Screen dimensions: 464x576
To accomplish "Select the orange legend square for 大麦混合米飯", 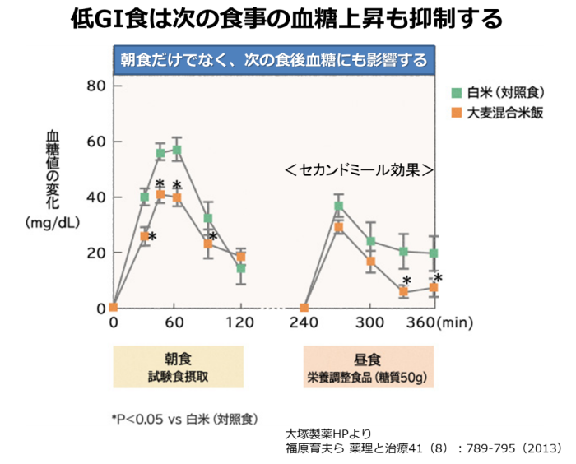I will tap(455, 113).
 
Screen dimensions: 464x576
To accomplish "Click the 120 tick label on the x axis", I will tap(240, 322).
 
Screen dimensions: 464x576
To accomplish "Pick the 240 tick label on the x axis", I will tap(304, 322).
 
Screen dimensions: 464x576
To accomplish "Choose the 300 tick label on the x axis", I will tap(370, 322).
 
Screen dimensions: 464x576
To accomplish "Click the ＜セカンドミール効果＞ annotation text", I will tap(359, 169).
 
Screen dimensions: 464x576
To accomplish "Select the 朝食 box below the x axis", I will tap(179, 366).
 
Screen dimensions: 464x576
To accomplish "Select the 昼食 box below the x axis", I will tap(368, 366).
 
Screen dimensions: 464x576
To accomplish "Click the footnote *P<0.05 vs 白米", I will tap(185, 419).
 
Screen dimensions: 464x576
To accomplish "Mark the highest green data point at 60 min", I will tap(177, 151).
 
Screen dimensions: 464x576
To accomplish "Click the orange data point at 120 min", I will tap(241, 257).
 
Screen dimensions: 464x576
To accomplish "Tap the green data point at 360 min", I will tap(434, 253).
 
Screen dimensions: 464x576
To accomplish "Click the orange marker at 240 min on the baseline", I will tap(304, 308).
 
